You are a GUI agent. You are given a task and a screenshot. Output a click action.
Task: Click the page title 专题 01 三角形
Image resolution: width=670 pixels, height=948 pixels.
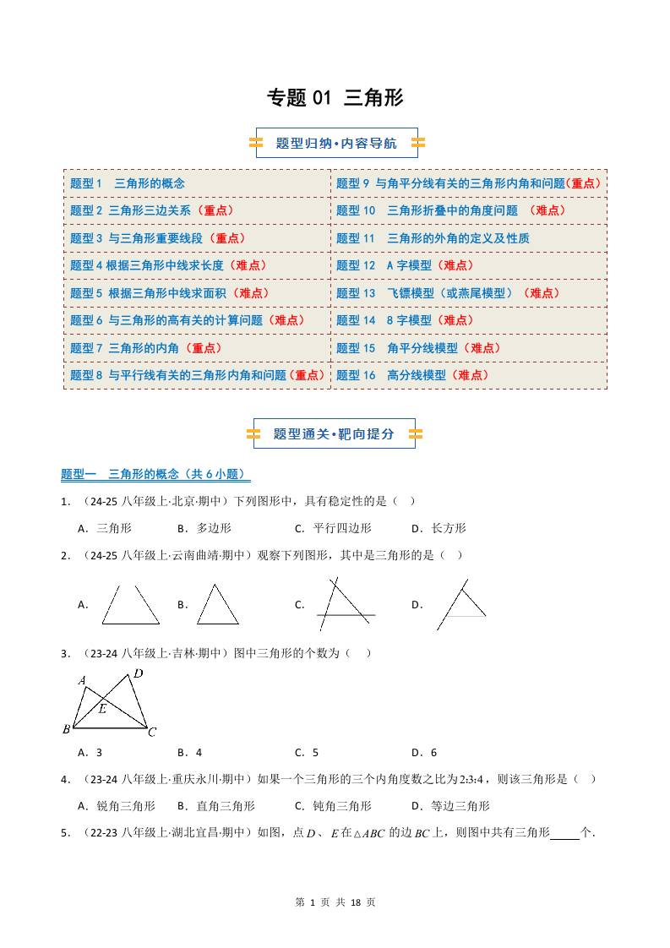[335, 98]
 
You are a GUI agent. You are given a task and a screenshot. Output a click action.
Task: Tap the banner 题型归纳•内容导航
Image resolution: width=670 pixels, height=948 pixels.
[336, 144]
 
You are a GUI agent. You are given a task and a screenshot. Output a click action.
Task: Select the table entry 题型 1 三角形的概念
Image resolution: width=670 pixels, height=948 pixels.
[128, 183]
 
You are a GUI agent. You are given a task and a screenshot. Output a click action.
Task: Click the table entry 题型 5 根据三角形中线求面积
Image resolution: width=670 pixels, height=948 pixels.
[169, 293]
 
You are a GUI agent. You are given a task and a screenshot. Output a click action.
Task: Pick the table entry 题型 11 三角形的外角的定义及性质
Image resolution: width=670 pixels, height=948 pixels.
[433, 238]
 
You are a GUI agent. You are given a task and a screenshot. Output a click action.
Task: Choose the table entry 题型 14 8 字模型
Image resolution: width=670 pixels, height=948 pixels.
[406, 320]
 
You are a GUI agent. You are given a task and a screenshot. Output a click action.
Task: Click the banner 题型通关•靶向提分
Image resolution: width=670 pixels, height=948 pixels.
[334, 434]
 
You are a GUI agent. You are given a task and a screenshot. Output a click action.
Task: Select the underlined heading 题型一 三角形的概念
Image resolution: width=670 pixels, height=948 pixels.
[155, 475]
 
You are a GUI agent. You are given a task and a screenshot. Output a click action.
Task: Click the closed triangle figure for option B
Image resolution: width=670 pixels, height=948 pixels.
[217, 605]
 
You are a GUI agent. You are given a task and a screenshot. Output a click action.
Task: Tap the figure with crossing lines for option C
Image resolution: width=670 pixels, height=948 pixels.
[346, 604]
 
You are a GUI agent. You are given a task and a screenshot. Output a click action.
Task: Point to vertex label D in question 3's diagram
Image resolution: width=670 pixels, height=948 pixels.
[139, 673]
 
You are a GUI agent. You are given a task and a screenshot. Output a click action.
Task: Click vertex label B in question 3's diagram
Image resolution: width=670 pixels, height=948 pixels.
[66, 729]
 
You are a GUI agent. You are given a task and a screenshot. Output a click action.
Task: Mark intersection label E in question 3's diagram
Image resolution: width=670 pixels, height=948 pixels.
[102, 708]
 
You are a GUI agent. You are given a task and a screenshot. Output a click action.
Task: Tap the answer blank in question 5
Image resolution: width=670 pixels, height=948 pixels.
[564, 833]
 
